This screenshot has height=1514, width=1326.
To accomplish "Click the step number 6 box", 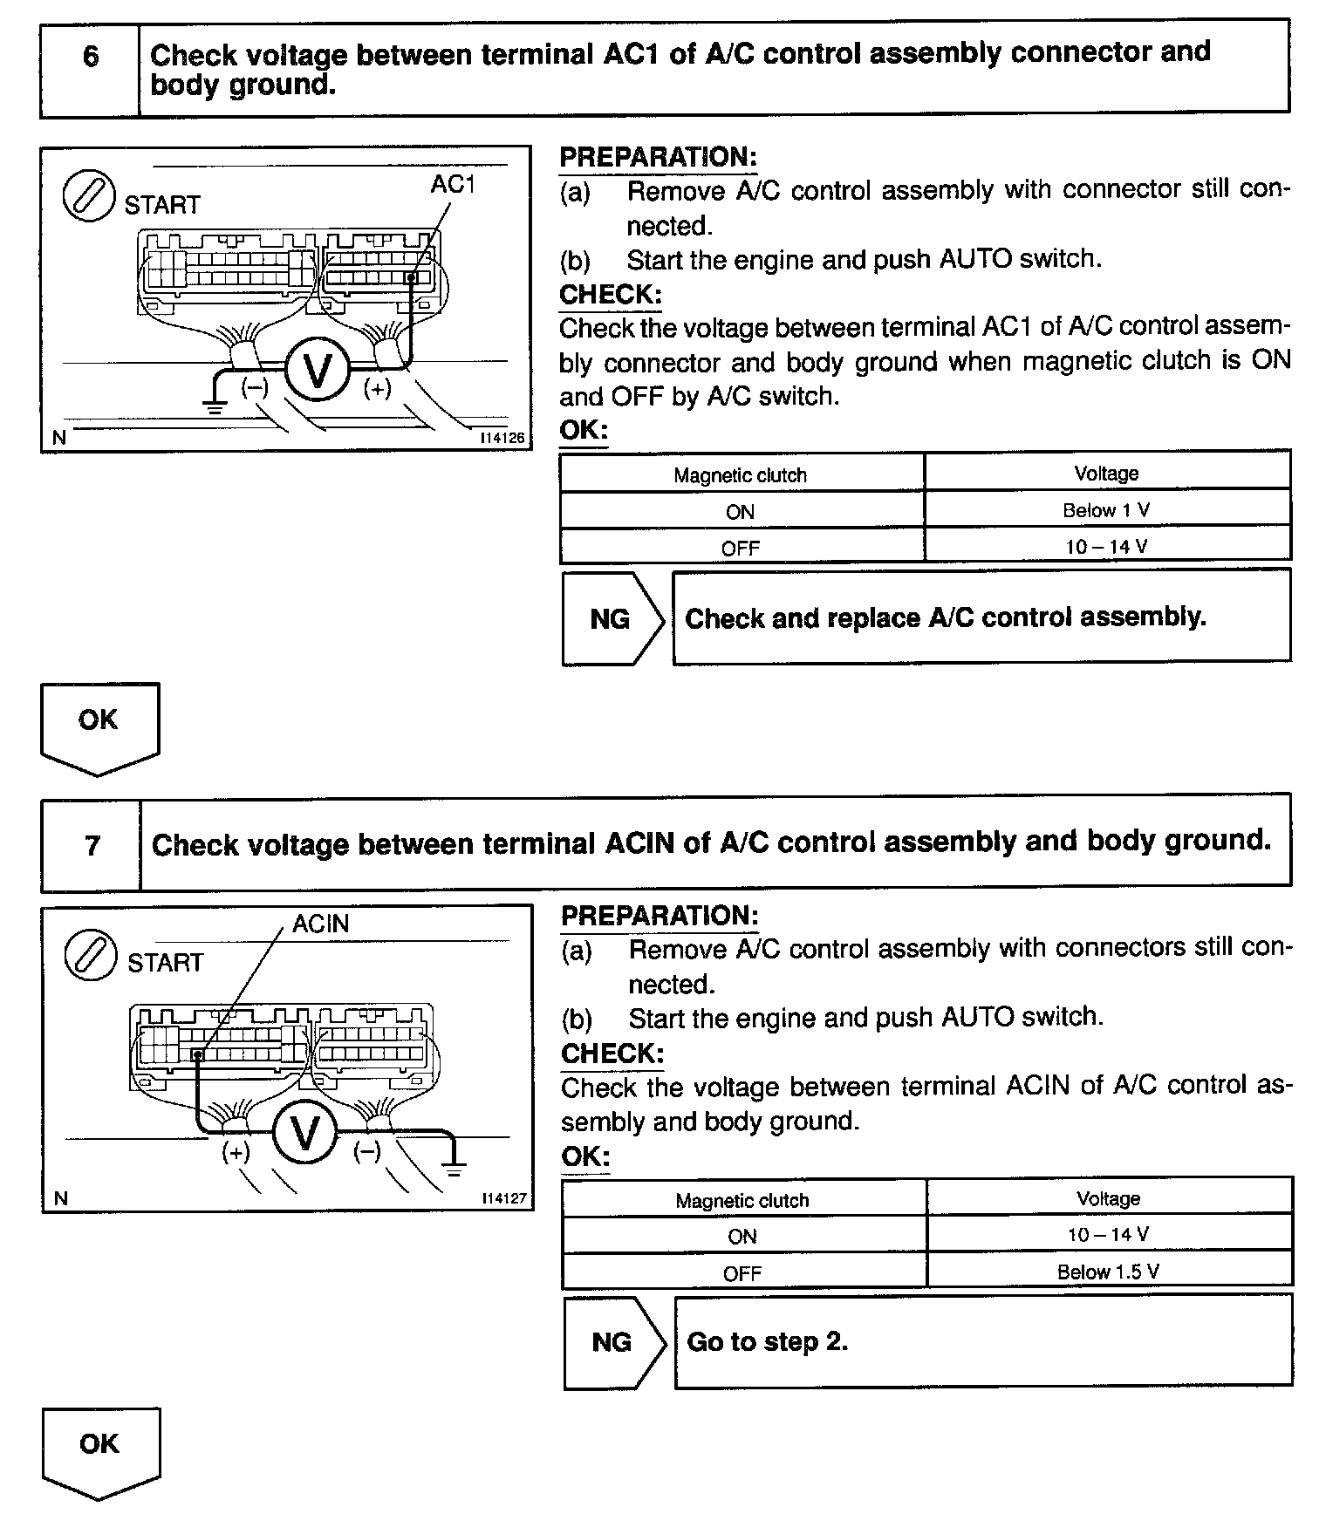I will (90, 58).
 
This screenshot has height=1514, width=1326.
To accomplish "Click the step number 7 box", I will (92, 845).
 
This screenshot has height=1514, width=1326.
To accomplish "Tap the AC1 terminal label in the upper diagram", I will (453, 184).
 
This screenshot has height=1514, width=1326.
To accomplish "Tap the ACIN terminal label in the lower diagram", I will (320, 924).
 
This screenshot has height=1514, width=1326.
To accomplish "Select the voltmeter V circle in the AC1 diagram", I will (318, 370).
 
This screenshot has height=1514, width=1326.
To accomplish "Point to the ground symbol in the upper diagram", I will (214, 404).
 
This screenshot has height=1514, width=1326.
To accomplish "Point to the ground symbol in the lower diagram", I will (454, 1169).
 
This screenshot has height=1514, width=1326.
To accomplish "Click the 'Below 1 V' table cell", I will (1106, 510).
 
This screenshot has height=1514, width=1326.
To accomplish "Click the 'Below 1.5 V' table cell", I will (1108, 1272).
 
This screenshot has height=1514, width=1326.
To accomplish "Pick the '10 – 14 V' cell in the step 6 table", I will (1106, 547).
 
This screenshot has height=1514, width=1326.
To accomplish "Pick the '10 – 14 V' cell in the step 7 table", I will (1108, 1234).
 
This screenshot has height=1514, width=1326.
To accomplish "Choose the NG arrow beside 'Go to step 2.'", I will (614, 1341).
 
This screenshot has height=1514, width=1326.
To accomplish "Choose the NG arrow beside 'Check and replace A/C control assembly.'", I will (612, 619).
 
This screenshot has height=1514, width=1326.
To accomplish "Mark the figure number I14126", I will (503, 438).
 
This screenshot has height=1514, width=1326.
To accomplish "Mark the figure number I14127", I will (505, 1198).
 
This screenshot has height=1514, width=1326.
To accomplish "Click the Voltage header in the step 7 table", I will (1108, 1198).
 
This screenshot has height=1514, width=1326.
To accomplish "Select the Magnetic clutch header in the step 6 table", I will (740, 475).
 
